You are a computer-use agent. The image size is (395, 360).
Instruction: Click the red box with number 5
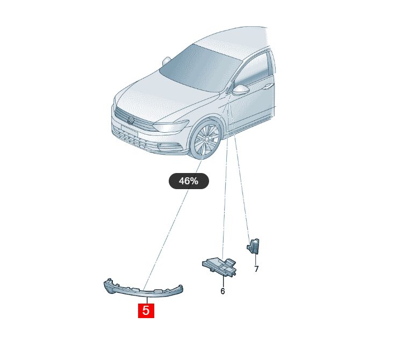tap(146, 311)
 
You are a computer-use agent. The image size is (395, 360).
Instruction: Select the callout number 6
tap(222, 291)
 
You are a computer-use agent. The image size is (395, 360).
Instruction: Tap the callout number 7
tap(256, 269)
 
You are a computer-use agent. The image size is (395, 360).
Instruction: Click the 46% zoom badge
tap(189, 181)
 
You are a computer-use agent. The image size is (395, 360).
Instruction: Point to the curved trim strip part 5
tap(143, 291)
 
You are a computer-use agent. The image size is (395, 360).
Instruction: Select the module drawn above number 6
tap(219, 267)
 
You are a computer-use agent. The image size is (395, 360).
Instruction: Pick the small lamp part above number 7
tap(253, 246)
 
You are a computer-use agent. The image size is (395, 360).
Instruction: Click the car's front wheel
tap(205, 139)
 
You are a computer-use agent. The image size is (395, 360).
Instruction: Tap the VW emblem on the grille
tap(131, 120)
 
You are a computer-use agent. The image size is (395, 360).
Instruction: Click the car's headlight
tap(171, 126)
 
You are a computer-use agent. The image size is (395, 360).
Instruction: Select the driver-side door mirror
tap(240, 90)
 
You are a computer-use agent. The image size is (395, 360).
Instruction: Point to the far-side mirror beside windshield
tap(166, 61)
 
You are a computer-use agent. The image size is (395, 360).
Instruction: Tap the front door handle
tap(267, 87)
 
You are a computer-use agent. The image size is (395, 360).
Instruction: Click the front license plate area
tap(129, 131)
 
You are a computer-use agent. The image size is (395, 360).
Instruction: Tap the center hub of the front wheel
tap(206, 139)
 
